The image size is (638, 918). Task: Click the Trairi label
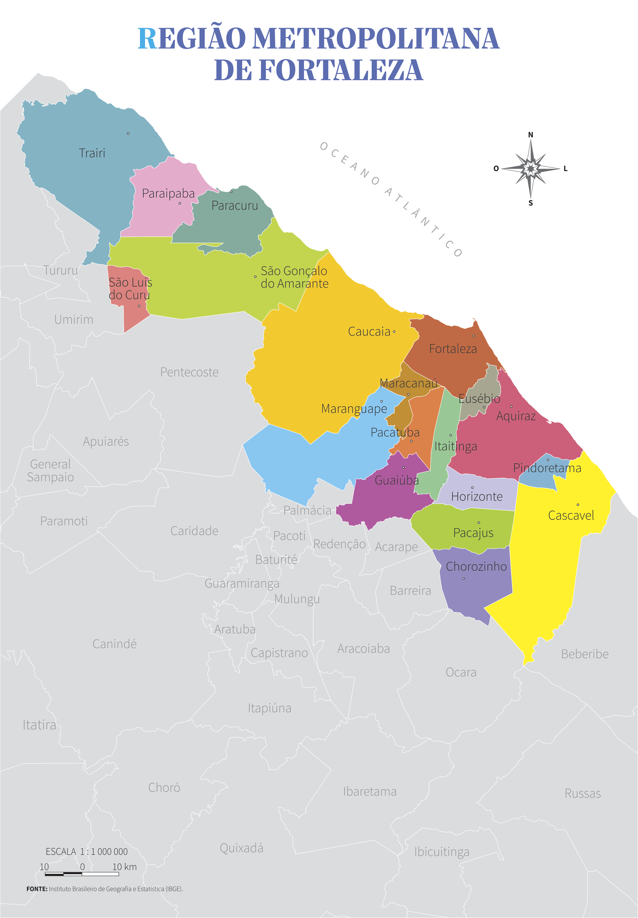[x=92, y=153]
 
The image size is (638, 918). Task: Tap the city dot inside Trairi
[x=128, y=133]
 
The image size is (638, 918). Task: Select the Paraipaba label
[x=168, y=194]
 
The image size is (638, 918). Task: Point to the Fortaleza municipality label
[x=453, y=349]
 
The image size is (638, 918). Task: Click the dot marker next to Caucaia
[x=394, y=331]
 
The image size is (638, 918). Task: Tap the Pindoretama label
[x=547, y=468]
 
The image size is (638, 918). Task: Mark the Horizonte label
[x=477, y=497]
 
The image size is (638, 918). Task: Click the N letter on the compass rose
[x=531, y=135]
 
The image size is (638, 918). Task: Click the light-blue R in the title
[x=147, y=39]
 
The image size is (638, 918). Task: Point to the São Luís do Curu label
[x=130, y=289]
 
